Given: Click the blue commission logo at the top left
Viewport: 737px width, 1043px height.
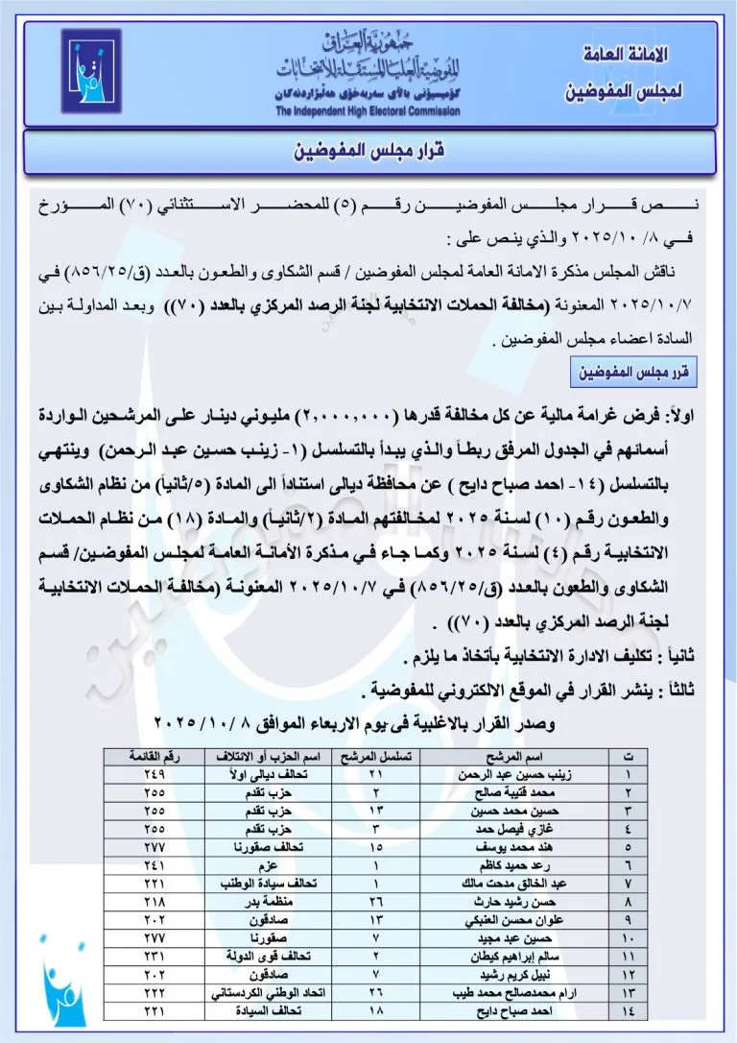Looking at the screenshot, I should pos(91,73).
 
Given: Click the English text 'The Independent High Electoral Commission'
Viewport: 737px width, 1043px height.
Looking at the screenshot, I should pos(368,111).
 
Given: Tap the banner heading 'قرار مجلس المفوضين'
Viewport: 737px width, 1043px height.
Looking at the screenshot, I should pos(368,152).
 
